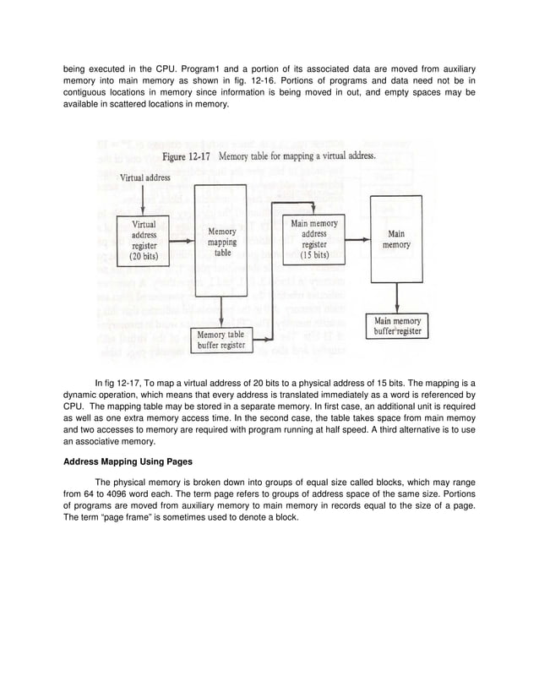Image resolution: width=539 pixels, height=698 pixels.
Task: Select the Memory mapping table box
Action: click(221, 240)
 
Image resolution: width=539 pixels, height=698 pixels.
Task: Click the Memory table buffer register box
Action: click(220, 340)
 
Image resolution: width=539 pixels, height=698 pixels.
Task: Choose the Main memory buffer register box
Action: click(397, 325)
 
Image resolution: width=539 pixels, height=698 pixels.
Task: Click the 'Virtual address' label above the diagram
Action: click(144, 178)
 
